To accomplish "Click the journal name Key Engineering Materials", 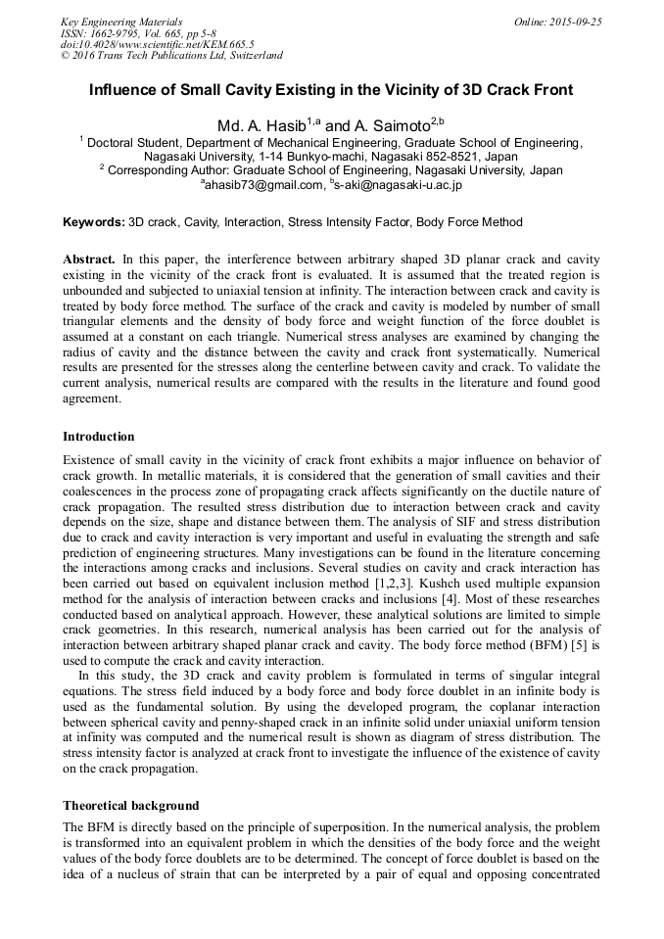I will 121,22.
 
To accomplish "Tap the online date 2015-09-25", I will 571,22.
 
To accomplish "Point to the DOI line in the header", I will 157,44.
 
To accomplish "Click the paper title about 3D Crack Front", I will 331,90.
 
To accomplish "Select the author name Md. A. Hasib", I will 249,126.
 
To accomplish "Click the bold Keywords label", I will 94,222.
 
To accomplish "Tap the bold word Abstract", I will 89,259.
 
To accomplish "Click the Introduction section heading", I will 99,436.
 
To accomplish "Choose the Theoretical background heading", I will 130,806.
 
